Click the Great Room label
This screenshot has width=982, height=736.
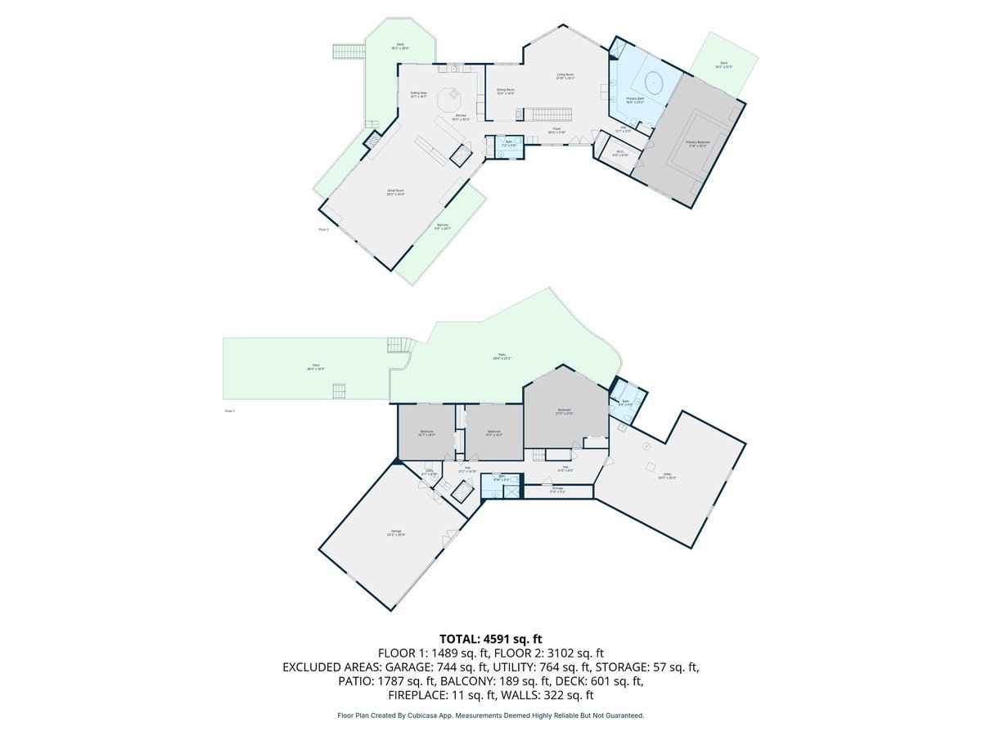point(396,192)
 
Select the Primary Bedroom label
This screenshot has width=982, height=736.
point(698,144)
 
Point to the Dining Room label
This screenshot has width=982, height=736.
point(506,91)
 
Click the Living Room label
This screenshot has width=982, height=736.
point(565,76)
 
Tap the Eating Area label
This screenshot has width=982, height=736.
point(418,95)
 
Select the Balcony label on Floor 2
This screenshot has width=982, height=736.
point(443,227)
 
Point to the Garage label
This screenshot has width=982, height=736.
point(396,533)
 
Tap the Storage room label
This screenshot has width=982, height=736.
point(557,490)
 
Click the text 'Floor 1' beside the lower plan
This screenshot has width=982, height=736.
point(230,411)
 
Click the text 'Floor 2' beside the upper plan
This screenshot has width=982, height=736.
point(323,230)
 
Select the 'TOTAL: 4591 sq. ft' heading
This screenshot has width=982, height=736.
point(490,638)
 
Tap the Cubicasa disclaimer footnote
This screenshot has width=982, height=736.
point(490,716)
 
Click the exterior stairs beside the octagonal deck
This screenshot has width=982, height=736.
point(349,51)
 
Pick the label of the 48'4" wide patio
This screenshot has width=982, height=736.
point(315,368)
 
